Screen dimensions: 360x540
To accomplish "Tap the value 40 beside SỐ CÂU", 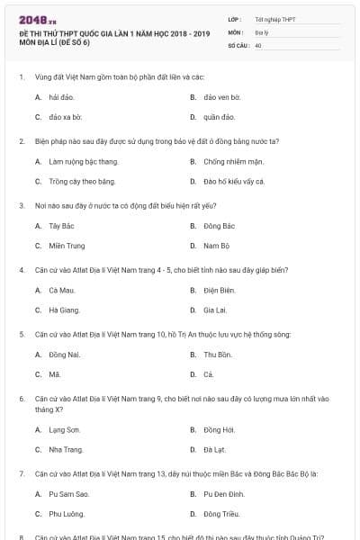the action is click(x=258, y=44).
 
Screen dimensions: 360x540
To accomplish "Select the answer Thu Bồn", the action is click(x=218, y=355).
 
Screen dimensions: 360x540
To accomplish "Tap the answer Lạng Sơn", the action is click(x=64, y=429).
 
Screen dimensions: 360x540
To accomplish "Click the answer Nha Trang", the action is click(x=66, y=449).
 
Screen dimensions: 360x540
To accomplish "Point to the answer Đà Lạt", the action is click(x=215, y=449).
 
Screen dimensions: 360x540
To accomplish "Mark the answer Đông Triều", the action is click(x=221, y=514).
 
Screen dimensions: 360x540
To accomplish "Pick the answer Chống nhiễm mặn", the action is click(x=232, y=161).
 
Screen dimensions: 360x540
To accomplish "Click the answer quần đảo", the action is click(x=219, y=116).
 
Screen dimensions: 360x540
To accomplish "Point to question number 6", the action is click(x=22, y=397).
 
